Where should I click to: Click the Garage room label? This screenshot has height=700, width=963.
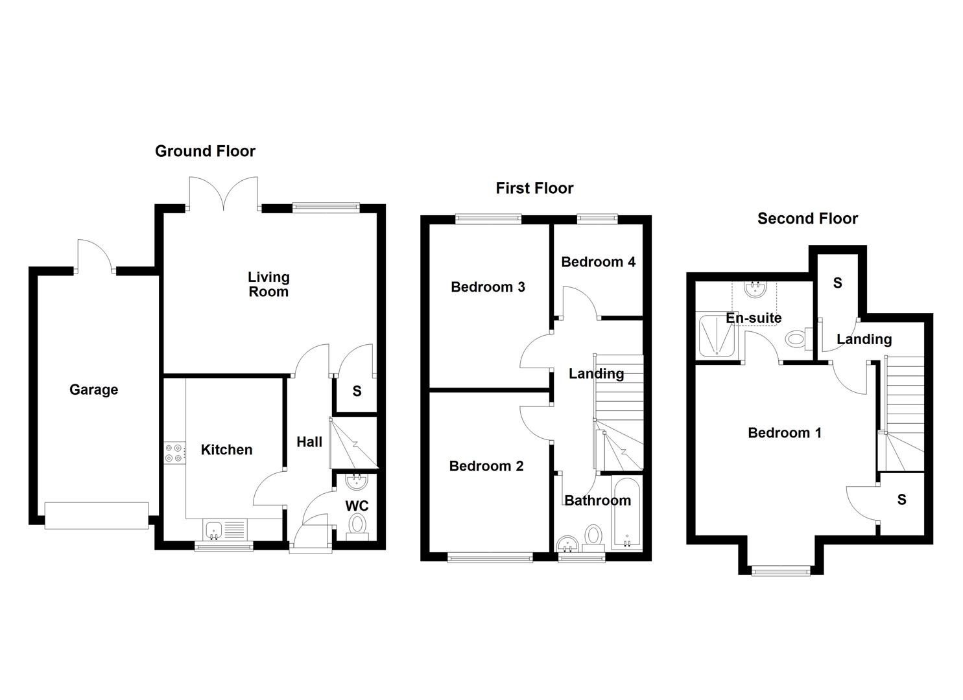[93, 390]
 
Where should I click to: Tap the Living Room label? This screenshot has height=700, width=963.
[268, 285]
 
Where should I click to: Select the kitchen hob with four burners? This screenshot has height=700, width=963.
[174, 452]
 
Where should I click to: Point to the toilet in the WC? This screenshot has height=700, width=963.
[357, 525]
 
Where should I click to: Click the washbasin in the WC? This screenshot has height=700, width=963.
[356, 482]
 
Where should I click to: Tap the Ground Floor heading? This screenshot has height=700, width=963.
[205, 151]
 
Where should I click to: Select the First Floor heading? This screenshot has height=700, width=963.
[534, 188]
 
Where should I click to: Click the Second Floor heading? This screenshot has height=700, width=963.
[807, 218]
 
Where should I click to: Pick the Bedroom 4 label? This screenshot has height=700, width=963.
[598, 262]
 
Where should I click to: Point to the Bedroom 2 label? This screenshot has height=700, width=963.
[486, 466]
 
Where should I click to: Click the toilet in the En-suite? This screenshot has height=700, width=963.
[796, 338]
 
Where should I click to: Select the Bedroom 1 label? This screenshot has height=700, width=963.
[785, 433]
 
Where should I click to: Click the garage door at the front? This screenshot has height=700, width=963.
[97, 515]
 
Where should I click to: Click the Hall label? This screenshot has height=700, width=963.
[309, 442]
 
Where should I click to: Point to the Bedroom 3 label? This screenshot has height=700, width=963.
[488, 286]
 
